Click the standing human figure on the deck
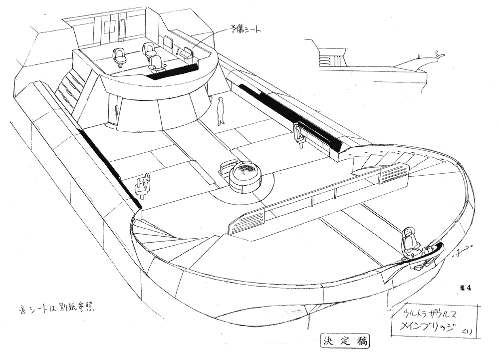pos(220,111)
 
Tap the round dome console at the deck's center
pos(245,176)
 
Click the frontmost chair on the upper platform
pos(156,63)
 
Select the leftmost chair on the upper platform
pos(120,56)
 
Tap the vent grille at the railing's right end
pos(395,173)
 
